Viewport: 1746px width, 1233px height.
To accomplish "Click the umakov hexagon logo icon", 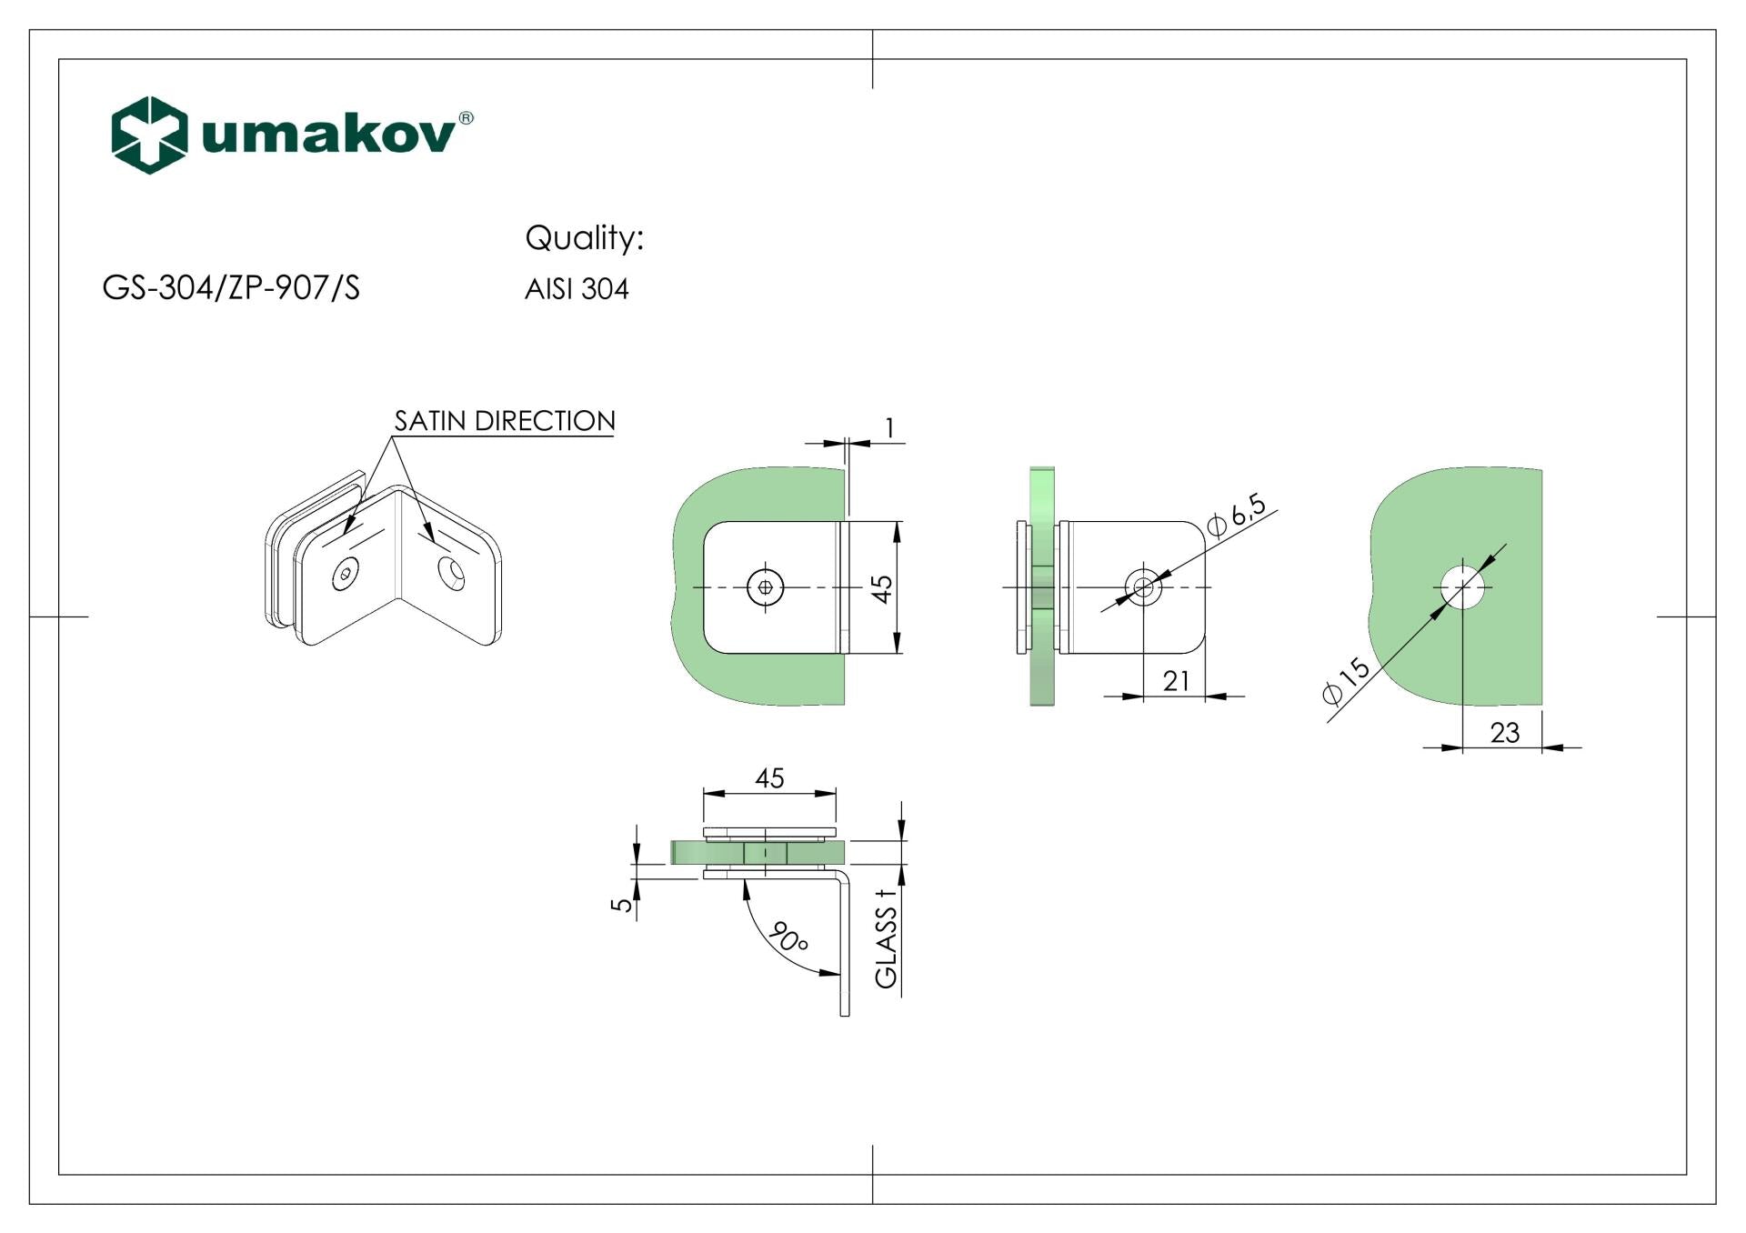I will (149, 135).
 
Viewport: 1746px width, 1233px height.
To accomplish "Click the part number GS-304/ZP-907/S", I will (231, 288).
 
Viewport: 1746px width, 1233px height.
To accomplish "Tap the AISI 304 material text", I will (577, 289).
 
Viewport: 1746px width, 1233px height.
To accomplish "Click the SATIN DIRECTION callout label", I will (505, 421).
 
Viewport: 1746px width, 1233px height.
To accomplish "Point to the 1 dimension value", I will (889, 427).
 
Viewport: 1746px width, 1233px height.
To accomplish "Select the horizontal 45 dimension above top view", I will (769, 778).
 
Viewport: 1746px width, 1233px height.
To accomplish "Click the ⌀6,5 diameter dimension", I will (1236, 516).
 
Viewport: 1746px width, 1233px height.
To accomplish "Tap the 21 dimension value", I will (1176, 681).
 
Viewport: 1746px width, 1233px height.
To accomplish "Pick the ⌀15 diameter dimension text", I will (1346, 681).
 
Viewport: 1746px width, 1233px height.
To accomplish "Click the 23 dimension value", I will (1505, 733).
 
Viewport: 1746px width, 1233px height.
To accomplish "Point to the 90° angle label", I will (788, 937).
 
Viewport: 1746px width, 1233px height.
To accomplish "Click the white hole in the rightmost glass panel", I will (1462, 586).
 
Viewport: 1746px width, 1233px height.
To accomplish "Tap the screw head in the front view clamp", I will (765, 587).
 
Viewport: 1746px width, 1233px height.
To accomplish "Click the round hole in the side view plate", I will (1144, 586).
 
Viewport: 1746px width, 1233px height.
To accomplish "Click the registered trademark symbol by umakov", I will (466, 118).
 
